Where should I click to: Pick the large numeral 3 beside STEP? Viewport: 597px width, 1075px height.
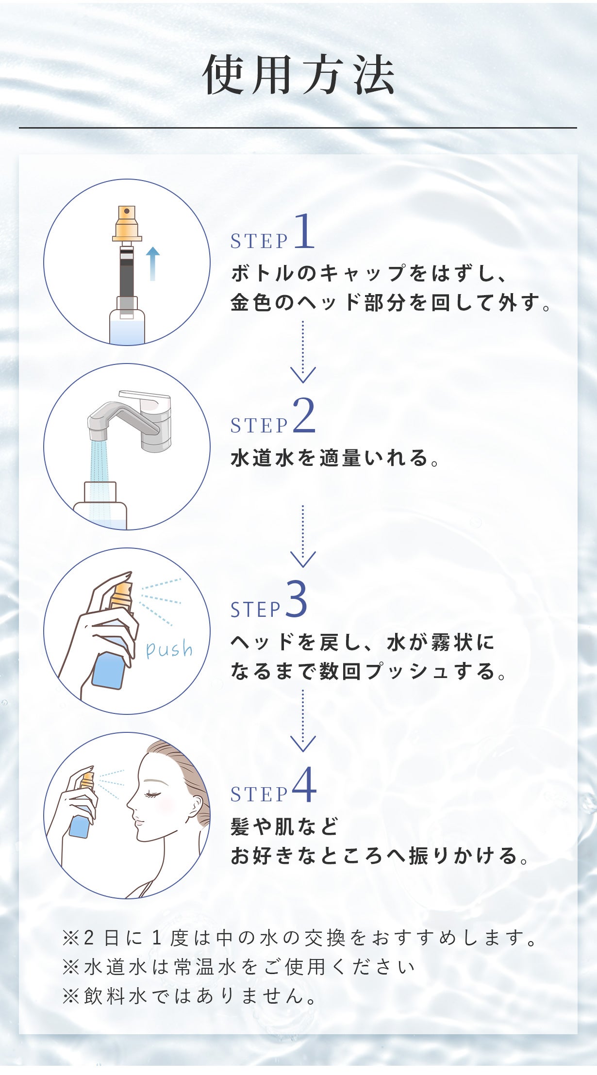tap(296, 600)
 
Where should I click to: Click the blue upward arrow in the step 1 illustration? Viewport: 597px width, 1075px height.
tap(153, 263)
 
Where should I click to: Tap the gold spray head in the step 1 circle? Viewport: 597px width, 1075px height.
tap(127, 224)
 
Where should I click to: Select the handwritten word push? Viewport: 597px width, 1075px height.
tap(169, 649)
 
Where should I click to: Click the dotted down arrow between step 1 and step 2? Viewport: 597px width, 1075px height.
tap(303, 352)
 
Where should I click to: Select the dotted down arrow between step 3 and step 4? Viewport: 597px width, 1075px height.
tap(303, 721)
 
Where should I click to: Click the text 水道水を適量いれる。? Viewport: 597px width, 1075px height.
tap(334, 458)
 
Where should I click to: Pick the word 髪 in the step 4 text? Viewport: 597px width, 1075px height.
tap(240, 827)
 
